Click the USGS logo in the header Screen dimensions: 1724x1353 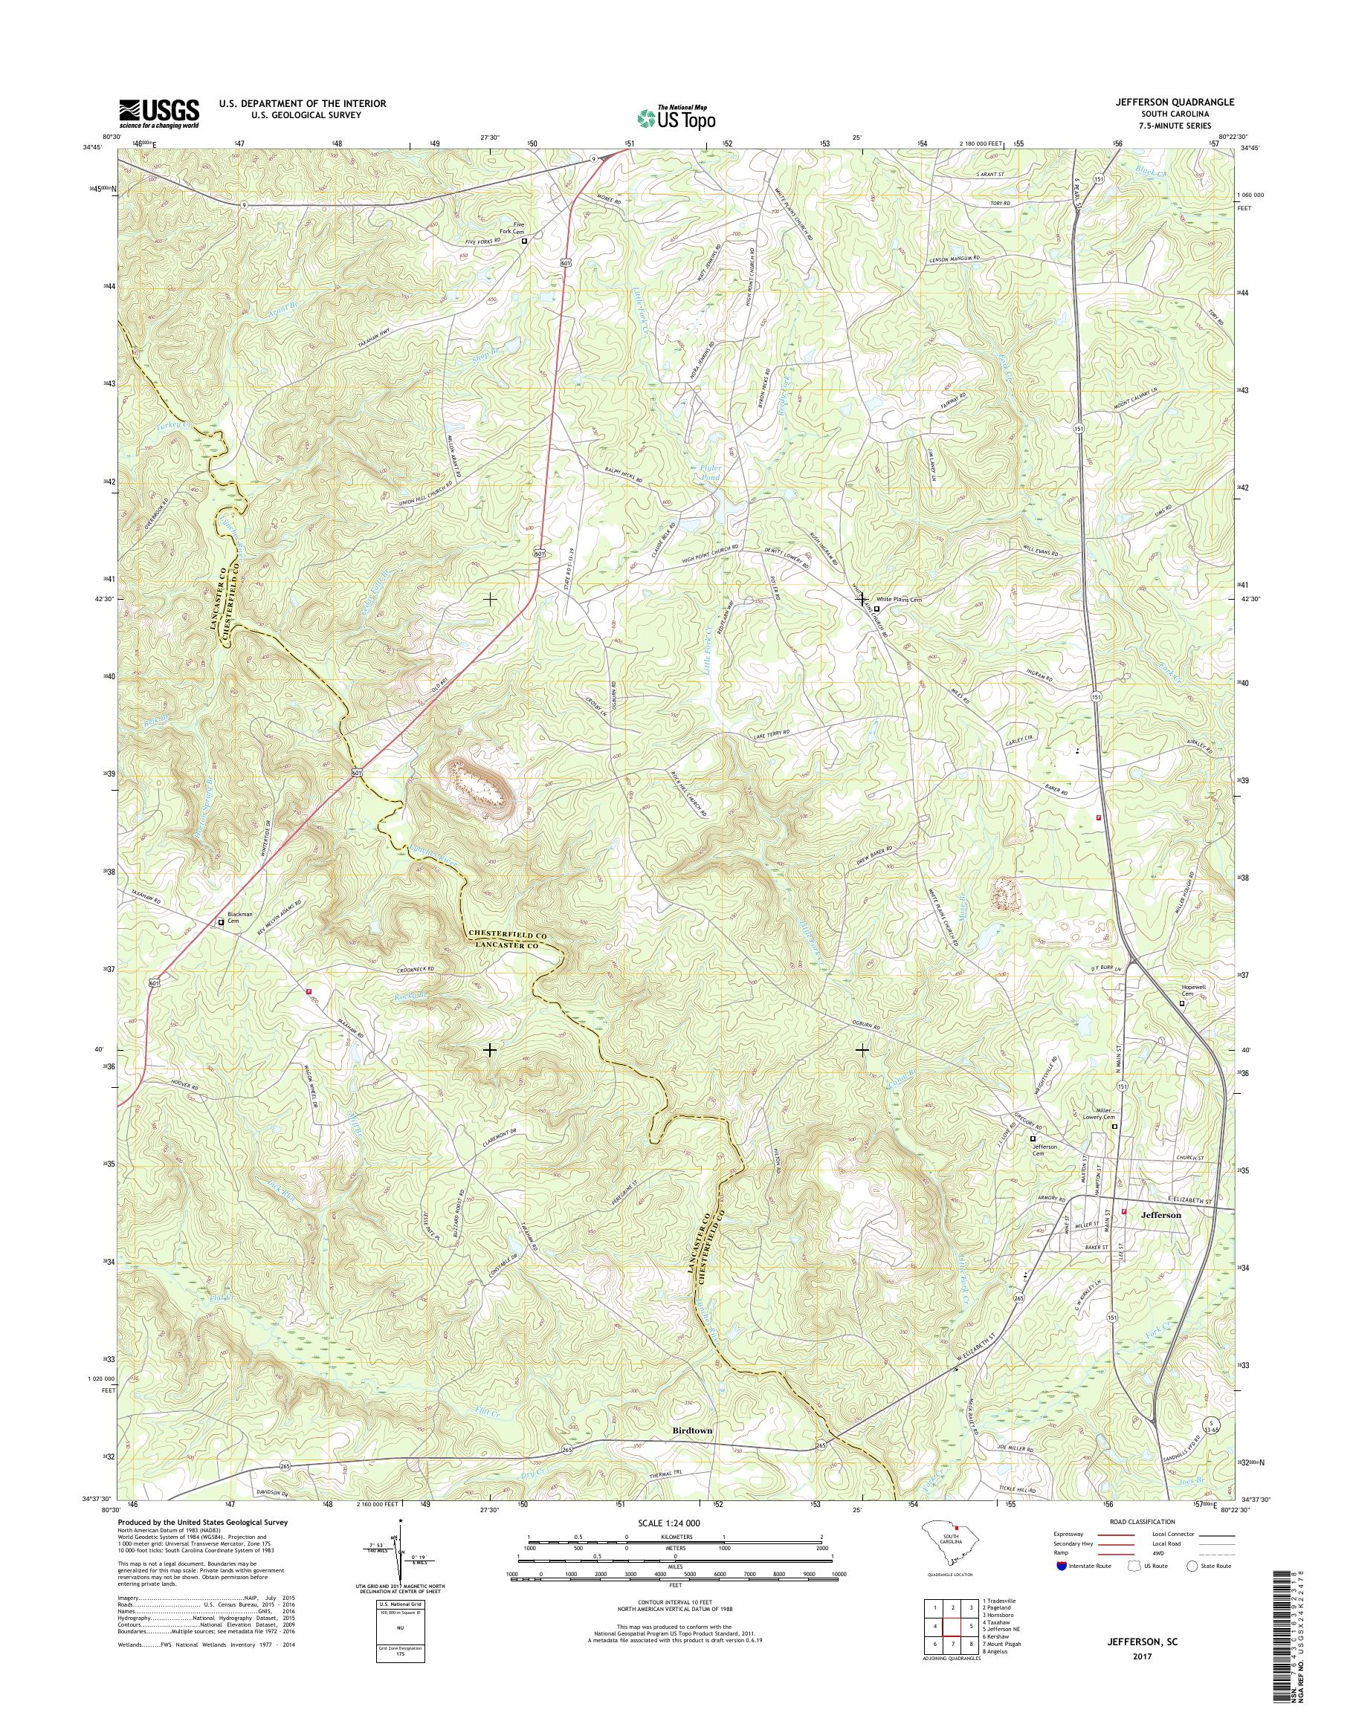159,113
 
